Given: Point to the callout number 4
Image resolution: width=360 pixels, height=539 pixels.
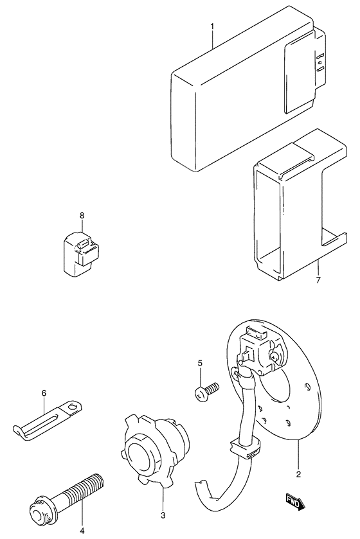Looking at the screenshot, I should tap(83, 530).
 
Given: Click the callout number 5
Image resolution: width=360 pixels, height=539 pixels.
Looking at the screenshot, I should tap(200, 364).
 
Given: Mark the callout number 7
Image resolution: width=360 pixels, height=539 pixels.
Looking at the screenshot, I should tap(318, 280).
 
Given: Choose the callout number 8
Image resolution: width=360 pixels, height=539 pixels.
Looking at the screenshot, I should tap(82, 216).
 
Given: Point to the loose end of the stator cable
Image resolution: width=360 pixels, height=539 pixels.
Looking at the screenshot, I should tap(201, 486).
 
